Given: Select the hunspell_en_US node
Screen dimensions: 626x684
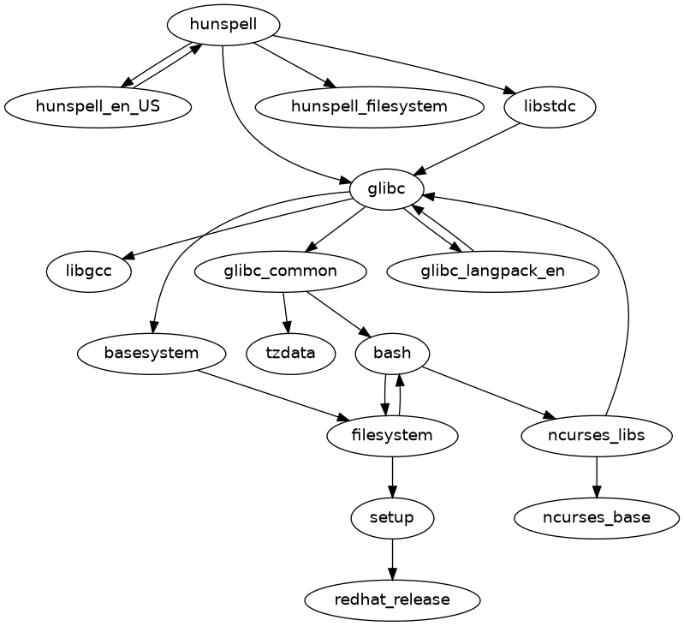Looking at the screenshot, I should click(x=98, y=107).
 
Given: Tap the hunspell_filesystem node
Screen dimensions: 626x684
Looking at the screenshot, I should click(x=369, y=107).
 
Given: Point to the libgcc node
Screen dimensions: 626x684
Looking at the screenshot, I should click(x=88, y=271).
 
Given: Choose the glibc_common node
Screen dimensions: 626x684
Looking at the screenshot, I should click(x=281, y=271).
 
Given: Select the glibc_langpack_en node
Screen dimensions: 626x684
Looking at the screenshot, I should click(x=492, y=271).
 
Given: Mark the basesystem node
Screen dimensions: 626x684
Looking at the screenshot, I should click(x=152, y=353).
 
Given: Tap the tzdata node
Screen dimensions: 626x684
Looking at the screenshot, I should click(x=290, y=353).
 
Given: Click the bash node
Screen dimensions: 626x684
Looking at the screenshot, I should click(x=392, y=353).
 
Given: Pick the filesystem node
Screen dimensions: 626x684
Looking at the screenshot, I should click(x=392, y=435).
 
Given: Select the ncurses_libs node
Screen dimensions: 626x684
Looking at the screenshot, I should click(x=596, y=435).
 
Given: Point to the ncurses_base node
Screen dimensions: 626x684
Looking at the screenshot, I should click(x=596, y=517).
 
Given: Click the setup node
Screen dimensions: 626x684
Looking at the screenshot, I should click(x=392, y=517).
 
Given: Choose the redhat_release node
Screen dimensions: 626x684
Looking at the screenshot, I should click(x=392, y=599).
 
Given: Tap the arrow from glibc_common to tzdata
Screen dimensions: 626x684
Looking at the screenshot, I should click(x=286, y=313).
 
